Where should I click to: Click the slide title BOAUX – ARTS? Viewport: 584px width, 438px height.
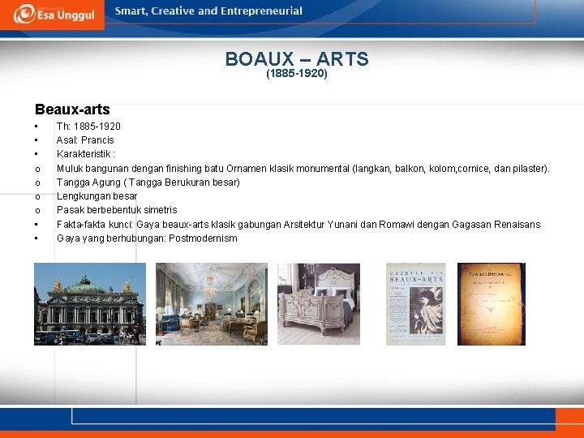coord(297,59)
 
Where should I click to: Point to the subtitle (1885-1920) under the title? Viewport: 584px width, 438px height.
coord(297,74)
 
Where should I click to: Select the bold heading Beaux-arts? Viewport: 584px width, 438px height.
coord(72,109)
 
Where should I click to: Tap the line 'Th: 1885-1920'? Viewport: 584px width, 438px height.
coord(88,127)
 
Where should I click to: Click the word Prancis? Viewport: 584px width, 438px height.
coord(97,140)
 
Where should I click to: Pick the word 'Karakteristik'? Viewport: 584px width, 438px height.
coord(83,154)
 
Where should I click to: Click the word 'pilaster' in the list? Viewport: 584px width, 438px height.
coord(530,169)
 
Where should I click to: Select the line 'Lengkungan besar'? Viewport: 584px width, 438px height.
coord(97,196)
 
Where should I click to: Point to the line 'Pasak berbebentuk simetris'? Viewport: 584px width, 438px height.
coord(117,210)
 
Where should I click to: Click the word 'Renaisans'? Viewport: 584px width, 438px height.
coord(514,225)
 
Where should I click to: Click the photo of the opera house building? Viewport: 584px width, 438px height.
coord(90,304)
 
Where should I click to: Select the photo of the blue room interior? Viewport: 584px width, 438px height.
coord(211,304)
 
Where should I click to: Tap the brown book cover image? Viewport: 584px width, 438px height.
coord(491,304)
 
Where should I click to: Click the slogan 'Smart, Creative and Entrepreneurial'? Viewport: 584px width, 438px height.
coord(208,11)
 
